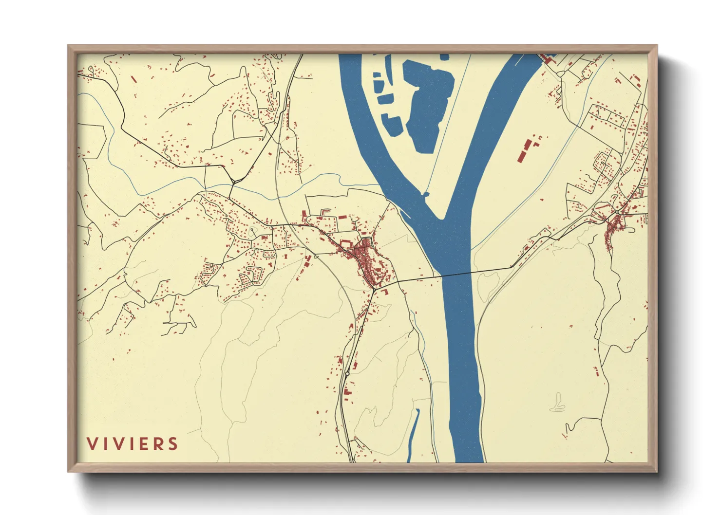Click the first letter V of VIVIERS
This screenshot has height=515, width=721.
click(92, 444)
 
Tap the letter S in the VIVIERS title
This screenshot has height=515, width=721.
click(172, 444)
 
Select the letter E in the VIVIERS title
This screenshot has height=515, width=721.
click(143, 444)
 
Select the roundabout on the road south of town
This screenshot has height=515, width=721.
click(347, 373)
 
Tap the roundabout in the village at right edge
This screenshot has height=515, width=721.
click(617, 212)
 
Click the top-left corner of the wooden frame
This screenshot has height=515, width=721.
click(68, 46)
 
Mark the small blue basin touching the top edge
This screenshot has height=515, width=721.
click(444, 57)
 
